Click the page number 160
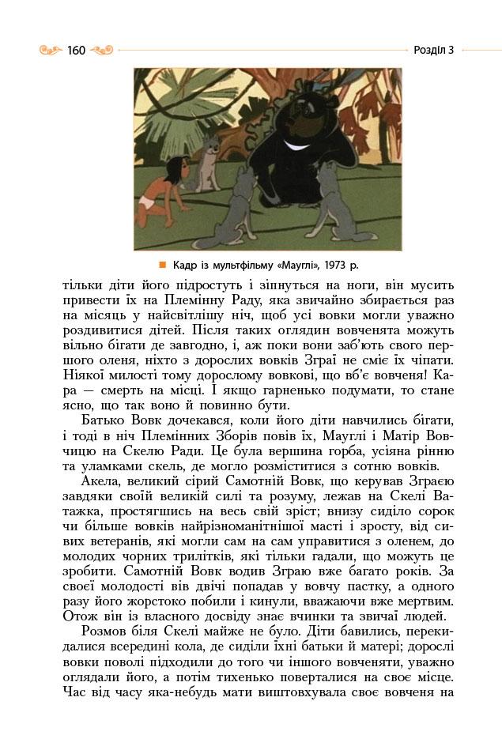click(76, 51)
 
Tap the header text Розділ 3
click(433, 51)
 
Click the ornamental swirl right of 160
click(103, 51)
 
